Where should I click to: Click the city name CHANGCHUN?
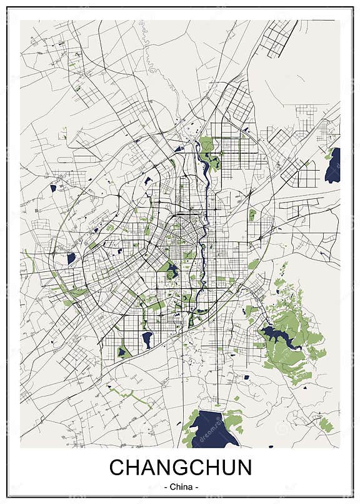click(x=180, y=468)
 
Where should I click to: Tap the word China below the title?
click(x=180, y=486)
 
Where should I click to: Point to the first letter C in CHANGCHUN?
click(x=117, y=468)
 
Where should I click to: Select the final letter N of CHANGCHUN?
click(x=243, y=468)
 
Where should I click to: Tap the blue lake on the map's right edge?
click(x=333, y=166)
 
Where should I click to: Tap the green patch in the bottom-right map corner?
click(x=326, y=425)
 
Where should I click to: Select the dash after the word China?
click(x=197, y=486)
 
